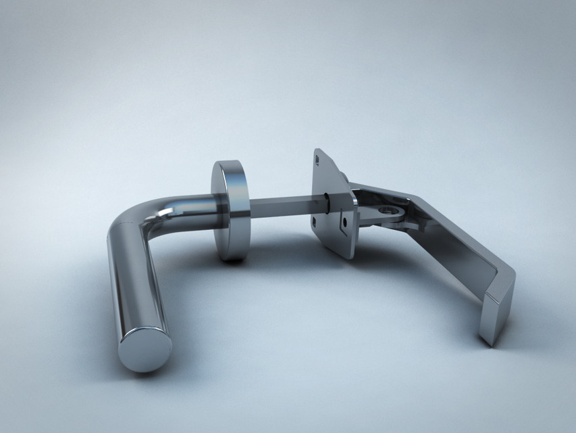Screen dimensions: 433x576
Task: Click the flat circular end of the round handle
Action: [145, 349]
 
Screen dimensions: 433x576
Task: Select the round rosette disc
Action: [230, 210]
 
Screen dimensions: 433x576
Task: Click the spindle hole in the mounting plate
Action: [328, 202]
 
